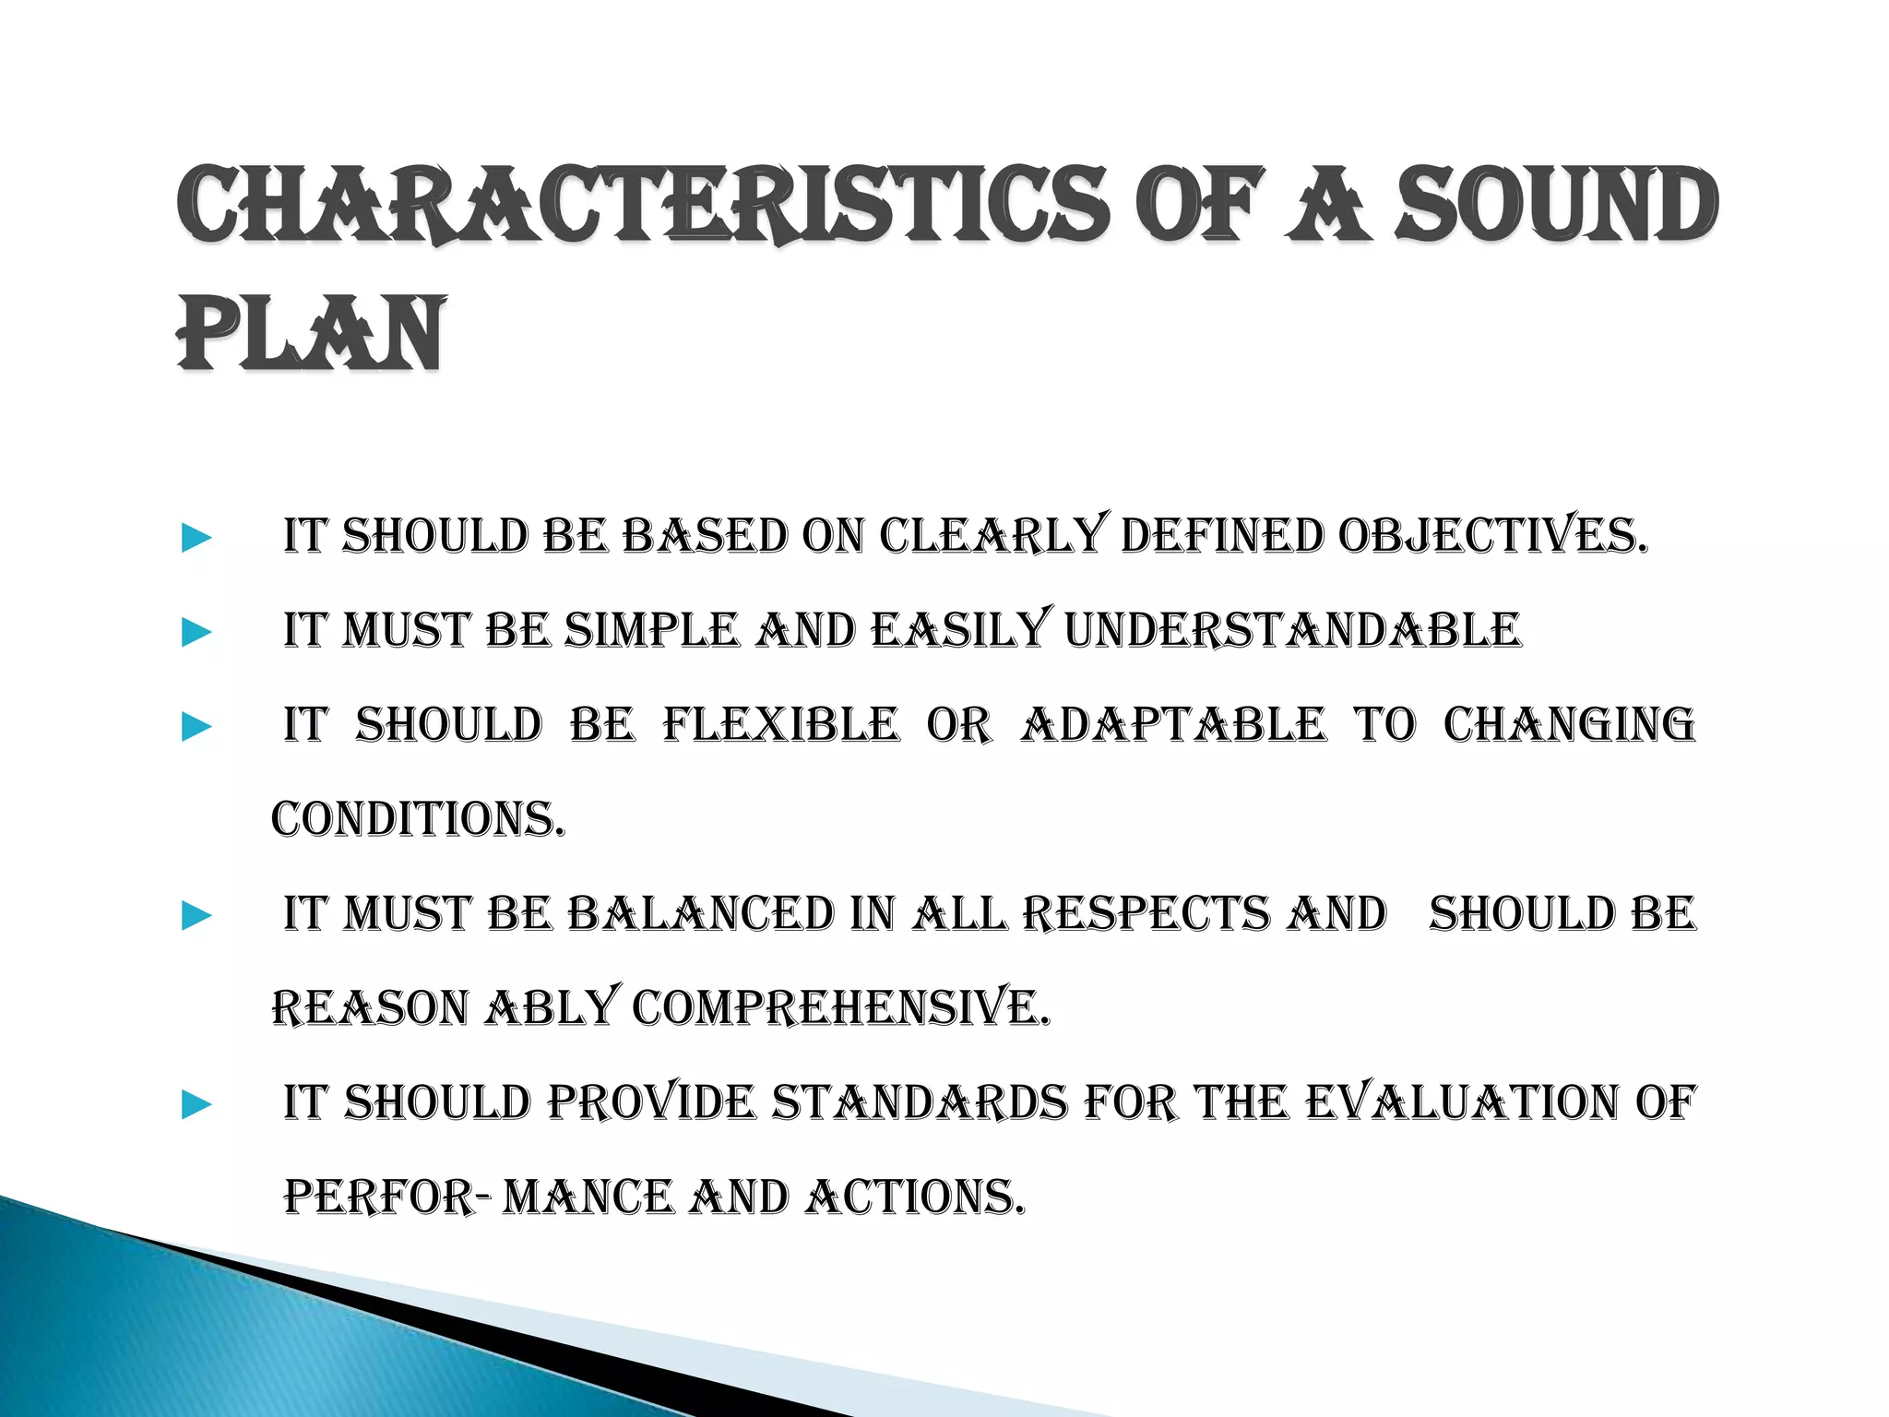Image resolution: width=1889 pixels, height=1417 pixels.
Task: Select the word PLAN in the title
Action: pos(311,334)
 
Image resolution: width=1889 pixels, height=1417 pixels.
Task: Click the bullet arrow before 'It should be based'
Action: pos(196,538)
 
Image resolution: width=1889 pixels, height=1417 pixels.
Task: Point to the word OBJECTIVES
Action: pos(1491,537)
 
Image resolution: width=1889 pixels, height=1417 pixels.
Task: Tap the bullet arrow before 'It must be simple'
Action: pos(196,633)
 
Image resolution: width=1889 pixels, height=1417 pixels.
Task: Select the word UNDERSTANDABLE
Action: pos(1292,631)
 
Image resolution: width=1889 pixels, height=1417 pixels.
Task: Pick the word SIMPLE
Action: pos(651,631)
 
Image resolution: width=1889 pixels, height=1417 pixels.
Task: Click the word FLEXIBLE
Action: pos(779,725)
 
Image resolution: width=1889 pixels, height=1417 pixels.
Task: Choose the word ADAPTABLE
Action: pos(1172,725)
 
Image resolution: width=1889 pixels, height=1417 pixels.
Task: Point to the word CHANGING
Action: pos(1569,725)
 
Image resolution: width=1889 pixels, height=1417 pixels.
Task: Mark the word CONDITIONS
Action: pos(417,819)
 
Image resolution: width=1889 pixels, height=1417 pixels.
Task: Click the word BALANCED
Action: pos(700,914)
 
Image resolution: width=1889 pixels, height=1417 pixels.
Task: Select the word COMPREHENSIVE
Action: pos(840,1007)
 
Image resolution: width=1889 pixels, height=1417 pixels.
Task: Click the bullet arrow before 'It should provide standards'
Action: pos(196,1104)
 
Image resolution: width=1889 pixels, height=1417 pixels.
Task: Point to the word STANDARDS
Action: pos(919,1102)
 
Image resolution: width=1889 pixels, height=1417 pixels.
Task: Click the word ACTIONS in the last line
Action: pos(914,1197)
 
